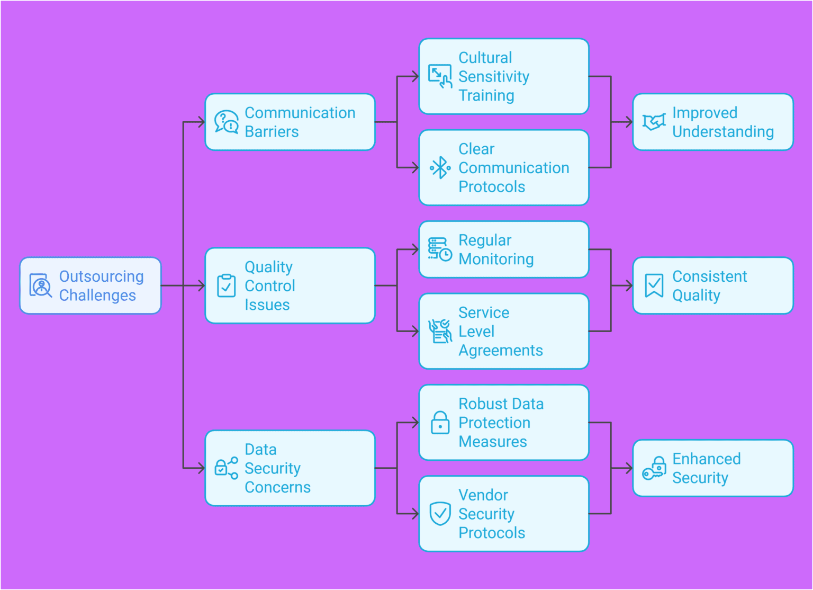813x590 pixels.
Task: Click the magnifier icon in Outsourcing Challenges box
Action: pyautogui.click(x=41, y=286)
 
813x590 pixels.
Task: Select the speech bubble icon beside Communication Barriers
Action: pyautogui.click(x=226, y=122)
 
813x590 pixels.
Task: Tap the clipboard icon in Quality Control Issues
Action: pyautogui.click(x=226, y=285)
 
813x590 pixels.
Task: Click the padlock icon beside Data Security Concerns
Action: pyautogui.click(x=226, y=468)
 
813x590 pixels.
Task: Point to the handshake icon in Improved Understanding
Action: pyautogui.click(x=654, y=122)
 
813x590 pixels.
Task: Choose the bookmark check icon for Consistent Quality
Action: pyautogui.click(x=654, y=285)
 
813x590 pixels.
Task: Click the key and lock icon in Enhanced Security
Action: pyautogui.click(x=654, y=468)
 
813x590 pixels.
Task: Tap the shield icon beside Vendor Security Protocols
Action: pyautogui.click(x=440, y=513)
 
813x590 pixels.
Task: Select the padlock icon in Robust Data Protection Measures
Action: pyautogui.click(x=440, y=423)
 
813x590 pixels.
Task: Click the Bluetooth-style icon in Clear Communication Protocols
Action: pyautogui.click(x=440, y=168)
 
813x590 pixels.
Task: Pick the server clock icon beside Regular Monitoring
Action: pyautogui.click(x=440, y=249)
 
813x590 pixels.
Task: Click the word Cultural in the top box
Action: pyautogui.click(x=485, y=58)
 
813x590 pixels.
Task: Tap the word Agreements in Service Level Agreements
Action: pyautogui.click(x=500, y=351)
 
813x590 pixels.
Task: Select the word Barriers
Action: pyautogui.click(x=272, y=132)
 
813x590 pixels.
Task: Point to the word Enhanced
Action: pyautogui.click(x=706, y=459)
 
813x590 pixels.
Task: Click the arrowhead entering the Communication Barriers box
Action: pyautogui.click(x=201, y=122)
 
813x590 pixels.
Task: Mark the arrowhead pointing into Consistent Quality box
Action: pyautogui.click(x=629, y=286)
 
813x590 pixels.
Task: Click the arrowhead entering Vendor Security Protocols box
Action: pyautogui.click(x=415, y=514)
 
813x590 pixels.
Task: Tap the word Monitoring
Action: pyautogui.click(x=496, y=259)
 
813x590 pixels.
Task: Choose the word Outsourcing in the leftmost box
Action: pyautogui.click(x=101, y=276)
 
